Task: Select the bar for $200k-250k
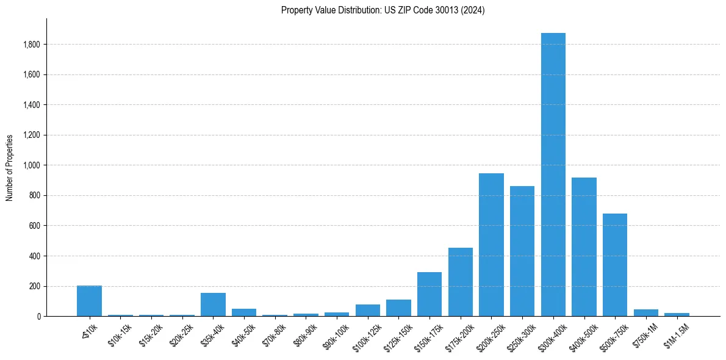point(491,245)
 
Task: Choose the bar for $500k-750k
point(615,265)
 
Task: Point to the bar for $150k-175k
point(429,294)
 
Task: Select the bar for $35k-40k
point(213,304)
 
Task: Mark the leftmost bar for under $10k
point(89,301)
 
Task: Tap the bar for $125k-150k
point(398,308)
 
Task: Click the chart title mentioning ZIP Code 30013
point(383,10)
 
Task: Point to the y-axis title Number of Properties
point(10,167)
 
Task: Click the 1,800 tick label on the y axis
point(32,45)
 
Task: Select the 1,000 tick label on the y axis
point(32,165)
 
